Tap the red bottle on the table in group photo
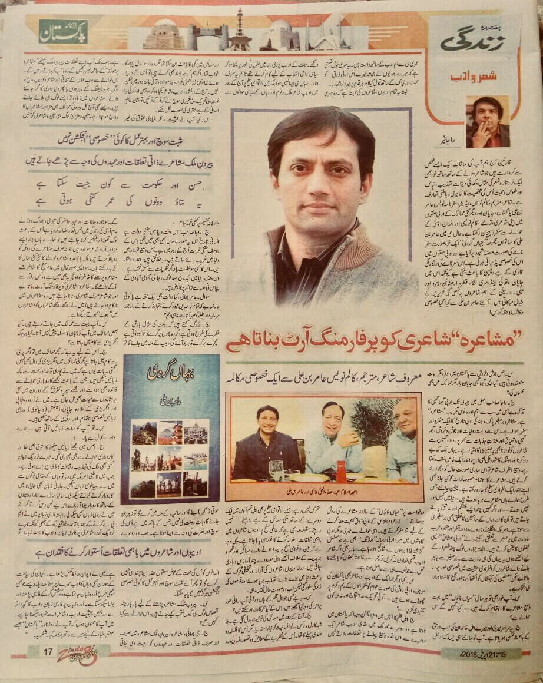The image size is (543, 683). click(340, 471)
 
